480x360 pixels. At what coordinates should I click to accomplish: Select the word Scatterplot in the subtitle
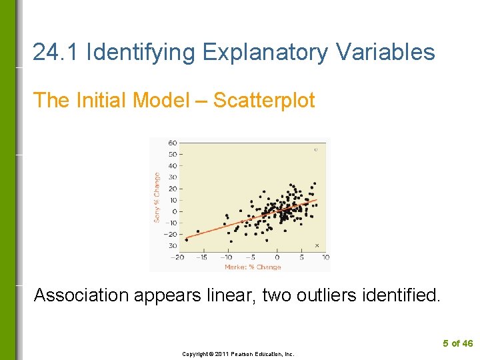click(264, 100)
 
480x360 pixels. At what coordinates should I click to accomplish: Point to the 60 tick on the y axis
click(172, 143)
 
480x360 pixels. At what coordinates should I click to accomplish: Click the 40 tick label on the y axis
click(172, 166)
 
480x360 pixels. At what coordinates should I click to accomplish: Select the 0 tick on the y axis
click(174, 212)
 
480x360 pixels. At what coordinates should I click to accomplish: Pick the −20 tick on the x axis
click(177, 257)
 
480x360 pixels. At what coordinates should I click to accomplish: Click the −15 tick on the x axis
click(202, 257)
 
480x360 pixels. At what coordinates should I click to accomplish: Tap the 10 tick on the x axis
click(326, 257)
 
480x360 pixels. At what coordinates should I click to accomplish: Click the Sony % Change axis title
click(157, 197)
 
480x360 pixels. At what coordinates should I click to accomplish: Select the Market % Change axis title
click(253, 267)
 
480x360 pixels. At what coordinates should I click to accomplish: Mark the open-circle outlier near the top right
click(315, 150)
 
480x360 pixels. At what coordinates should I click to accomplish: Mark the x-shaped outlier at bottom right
click(317, 245)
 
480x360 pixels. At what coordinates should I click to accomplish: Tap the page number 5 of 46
click(457, 343)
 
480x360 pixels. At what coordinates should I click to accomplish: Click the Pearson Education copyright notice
click(238, 354)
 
